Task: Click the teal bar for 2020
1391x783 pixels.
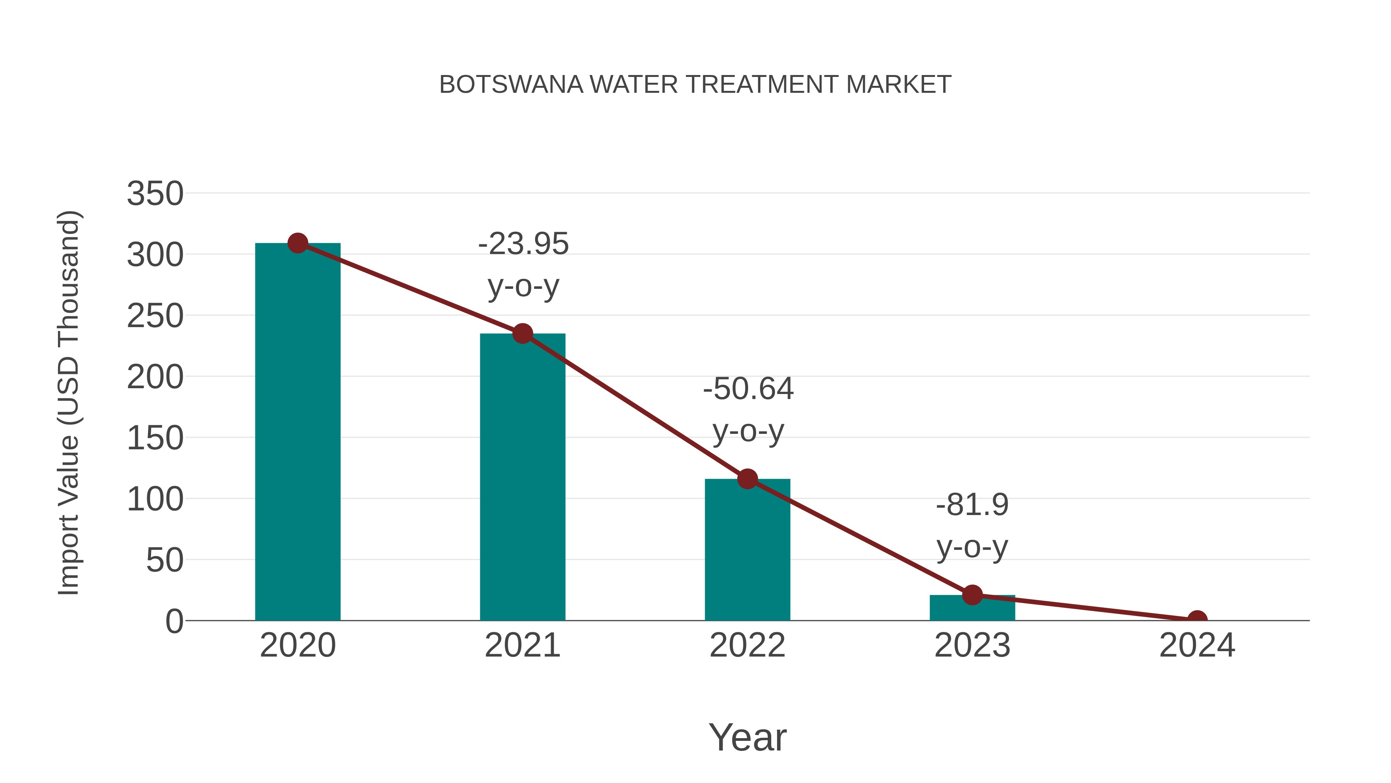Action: [x=298, y=432]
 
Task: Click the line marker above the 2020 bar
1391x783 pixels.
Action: [x=298, y=243]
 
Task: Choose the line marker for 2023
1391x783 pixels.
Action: [x=972, y=595]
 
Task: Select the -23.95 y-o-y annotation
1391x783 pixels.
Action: [x=523, y=265]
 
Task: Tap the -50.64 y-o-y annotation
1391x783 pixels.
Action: [x=748, y=409]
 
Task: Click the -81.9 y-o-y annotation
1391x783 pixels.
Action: [x=972, y=526]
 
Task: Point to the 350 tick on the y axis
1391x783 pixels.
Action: [x=155, y=193]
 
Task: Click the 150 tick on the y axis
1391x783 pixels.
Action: [x=155, y=438]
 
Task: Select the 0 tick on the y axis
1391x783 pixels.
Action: [x=174, y=621]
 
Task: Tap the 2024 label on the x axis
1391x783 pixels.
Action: [x=1197, y=645]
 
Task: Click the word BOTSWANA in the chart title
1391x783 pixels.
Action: [x=511, y=85]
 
